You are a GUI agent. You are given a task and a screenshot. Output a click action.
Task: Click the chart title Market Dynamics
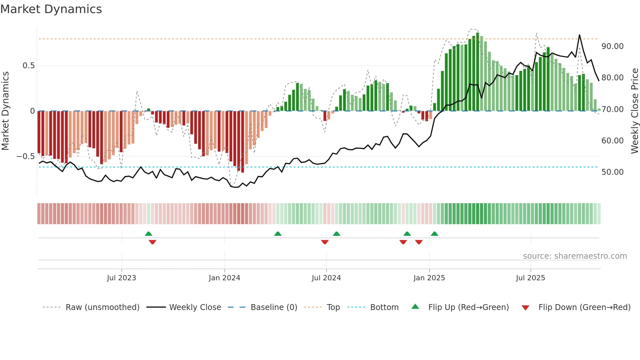coord(51,9)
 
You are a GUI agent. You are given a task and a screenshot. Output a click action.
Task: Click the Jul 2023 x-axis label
coord(121,278)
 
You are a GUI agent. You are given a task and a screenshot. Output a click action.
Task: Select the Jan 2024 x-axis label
coord(224,278)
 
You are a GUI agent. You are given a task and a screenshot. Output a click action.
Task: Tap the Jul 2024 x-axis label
coord(326,278)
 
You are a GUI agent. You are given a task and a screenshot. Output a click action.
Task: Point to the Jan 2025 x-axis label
coord(429,278)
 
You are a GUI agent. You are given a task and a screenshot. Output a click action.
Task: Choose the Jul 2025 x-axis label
coord(530,278)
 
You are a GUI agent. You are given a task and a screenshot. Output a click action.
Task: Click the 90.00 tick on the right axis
coord(612,46)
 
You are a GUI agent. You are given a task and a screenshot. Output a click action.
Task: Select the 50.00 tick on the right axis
coord(612,172)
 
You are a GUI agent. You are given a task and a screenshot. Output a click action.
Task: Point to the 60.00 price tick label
coord(612,141)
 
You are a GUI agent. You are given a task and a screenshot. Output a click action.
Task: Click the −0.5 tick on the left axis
coord(25,156)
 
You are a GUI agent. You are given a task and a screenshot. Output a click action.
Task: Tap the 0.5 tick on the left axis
coord(28,66)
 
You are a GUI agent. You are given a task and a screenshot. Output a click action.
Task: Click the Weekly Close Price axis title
coord(634,111)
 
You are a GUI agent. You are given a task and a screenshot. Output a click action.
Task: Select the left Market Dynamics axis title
coord(5,111)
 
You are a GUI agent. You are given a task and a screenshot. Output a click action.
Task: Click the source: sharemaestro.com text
coord(575,256)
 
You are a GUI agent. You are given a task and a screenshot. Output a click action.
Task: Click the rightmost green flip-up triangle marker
coord(434,234)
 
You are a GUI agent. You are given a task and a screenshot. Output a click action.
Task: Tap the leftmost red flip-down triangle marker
coord(152,242)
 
